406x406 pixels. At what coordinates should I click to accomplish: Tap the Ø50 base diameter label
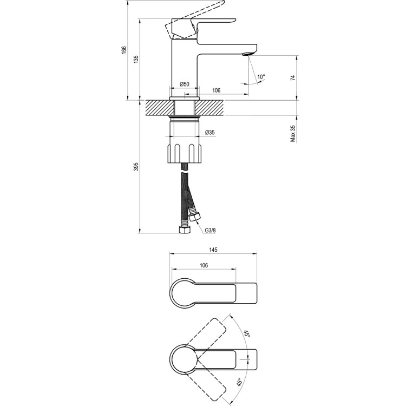tap(184, 84)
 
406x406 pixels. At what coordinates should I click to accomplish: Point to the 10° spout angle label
tap(261, 77)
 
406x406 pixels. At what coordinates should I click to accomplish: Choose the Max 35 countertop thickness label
tap(293, 133)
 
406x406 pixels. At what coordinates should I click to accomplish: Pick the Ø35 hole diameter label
tap(210, 133)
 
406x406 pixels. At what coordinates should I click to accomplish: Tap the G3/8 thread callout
tap(210, 230)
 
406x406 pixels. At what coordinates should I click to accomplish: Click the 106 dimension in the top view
tap(203, 265)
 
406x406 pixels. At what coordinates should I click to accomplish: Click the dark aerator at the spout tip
tap(248, 53)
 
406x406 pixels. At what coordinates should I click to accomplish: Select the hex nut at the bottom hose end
tap(184, 230)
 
